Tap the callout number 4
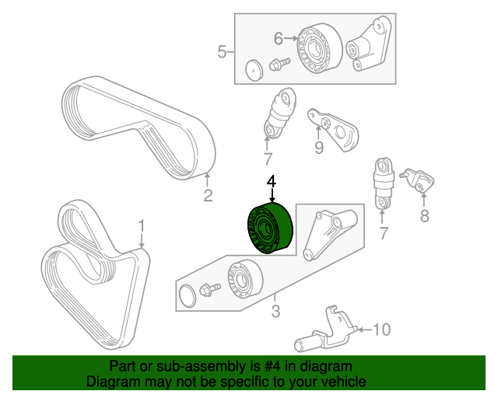click(272, 182)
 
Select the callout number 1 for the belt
click(142, 226)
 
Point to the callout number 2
click(208, 195)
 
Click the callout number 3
click(275, 312)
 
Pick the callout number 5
click(222, 52)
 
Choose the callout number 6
click(279, 36)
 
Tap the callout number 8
click(424, 216)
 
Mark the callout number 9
click(318, 148)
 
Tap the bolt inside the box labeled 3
click(209, 290)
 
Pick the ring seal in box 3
click(187, 296)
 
